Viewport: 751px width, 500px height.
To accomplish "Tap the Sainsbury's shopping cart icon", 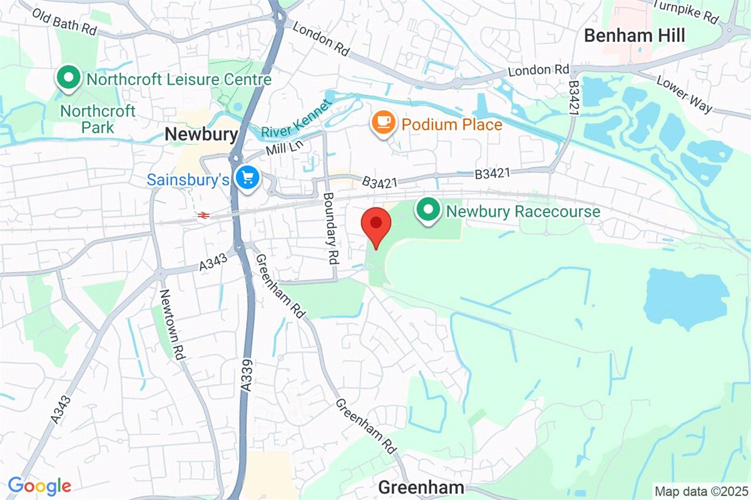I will [248, 179].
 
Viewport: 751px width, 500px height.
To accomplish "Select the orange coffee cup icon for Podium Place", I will [382, 122].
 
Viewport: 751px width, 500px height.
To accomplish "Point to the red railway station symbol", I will [203, 215].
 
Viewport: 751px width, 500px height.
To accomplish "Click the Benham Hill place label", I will [634, 36].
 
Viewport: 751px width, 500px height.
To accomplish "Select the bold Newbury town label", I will [201, 134].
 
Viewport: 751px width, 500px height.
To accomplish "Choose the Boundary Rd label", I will [330, 227].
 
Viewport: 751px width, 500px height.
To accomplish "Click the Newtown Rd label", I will [173, 324].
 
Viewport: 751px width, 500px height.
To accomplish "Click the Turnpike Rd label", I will [685, 11].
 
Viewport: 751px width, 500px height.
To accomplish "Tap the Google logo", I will [39, 486].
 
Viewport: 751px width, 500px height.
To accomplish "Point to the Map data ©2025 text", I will [700, 491].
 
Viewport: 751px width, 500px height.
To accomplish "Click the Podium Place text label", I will [452, 125].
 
